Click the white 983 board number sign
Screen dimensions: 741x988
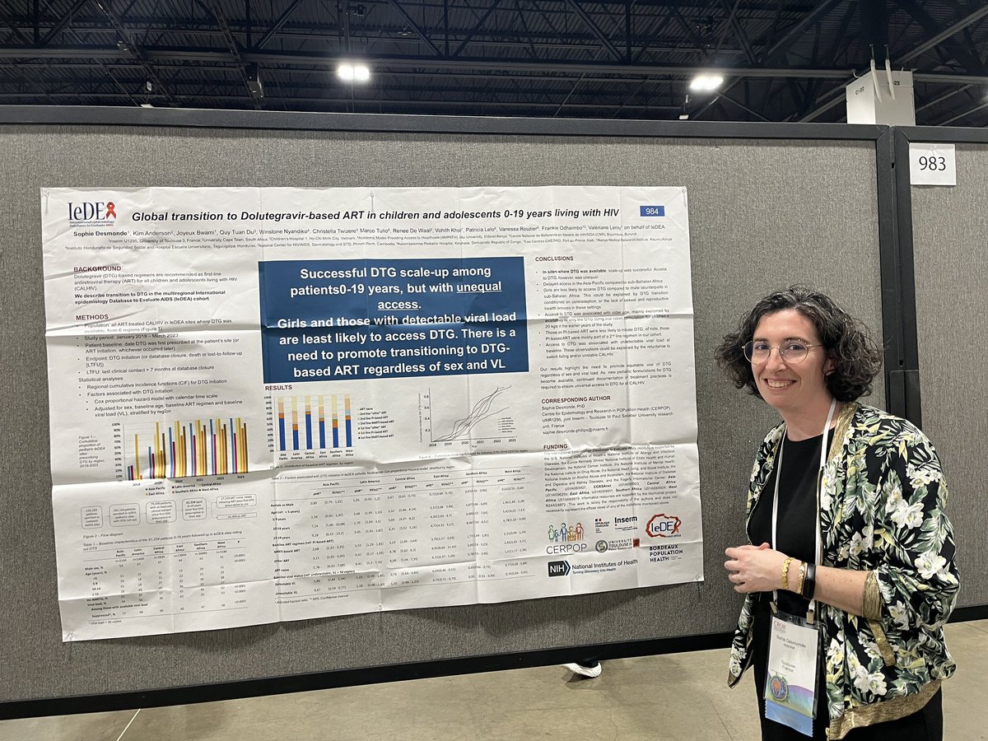coord(932,164)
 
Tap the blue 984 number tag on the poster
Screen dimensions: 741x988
coord(651,212)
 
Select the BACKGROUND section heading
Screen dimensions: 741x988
coord(98,269)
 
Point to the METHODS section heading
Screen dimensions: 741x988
coord(91,317)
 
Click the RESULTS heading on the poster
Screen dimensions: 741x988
coord(278,386)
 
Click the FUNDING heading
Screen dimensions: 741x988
coord(556,448)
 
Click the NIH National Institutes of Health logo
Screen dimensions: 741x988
coord(592,566)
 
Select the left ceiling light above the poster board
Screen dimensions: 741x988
coord(353,72)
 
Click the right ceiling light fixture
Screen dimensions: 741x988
coord(706,82)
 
